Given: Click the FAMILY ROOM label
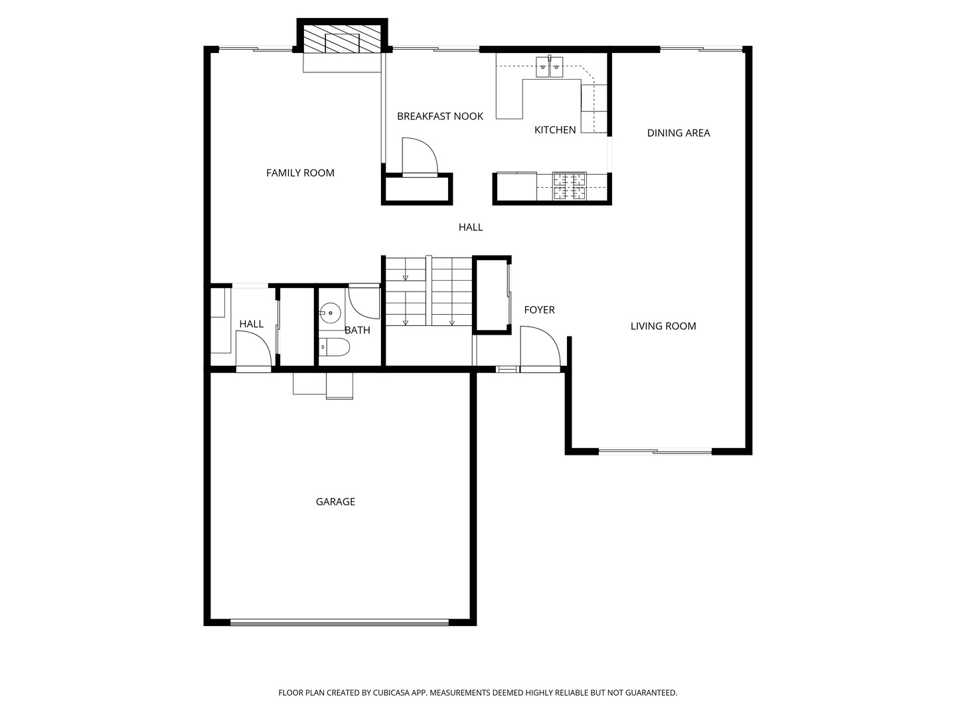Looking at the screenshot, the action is [300, 173].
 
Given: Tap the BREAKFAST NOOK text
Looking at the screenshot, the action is [440, 116].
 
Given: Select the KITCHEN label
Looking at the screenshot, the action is [555, 129].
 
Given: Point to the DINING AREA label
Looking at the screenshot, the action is [678, 133].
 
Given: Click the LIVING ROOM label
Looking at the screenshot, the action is [663, 325].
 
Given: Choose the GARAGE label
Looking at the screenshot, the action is [335, 501].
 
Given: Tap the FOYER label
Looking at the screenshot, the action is [539, 309].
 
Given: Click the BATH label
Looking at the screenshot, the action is [357, 330].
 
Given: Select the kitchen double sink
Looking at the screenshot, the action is [549, 66].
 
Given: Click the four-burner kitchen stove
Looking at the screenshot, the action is [570, 187].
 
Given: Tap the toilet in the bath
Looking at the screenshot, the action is [334, 347].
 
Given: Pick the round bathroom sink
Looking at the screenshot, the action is [329, 313].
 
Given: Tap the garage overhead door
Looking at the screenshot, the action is [339, 623].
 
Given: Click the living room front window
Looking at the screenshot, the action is [655, 452].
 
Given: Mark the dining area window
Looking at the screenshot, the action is [701, 48].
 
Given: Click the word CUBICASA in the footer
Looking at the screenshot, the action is [391, 692].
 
